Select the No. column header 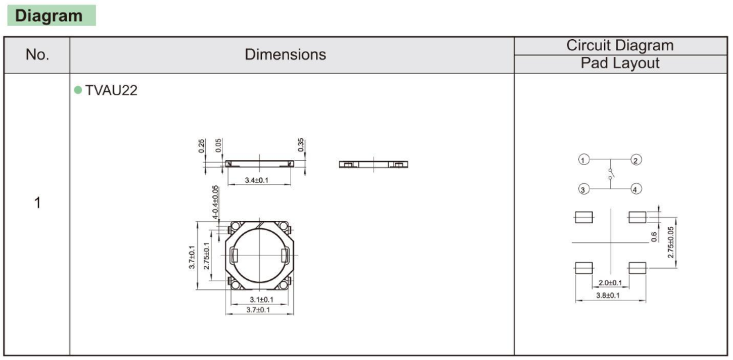click(x=37, y=55)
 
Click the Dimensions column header click(x=285, y=55)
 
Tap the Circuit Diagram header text click(x=619, y=46)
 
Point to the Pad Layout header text click(x=619, y=64)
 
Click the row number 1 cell click(x=37, y=202)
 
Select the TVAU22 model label click(x=111, y=91)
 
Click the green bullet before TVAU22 click(x=78, y=90)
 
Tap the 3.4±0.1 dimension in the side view click(x=257, y=181)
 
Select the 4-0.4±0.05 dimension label click(x=216, y=202)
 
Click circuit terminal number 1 click(x=583, y=160)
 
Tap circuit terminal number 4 click(x=636, y=189)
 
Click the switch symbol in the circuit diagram click(x=609, y=175)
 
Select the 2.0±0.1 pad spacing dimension click(x=609, y=283)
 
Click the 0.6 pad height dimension click(x=654, y=236)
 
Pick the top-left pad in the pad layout click(x=583, y=217)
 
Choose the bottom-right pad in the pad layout click(x=637, y=267)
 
